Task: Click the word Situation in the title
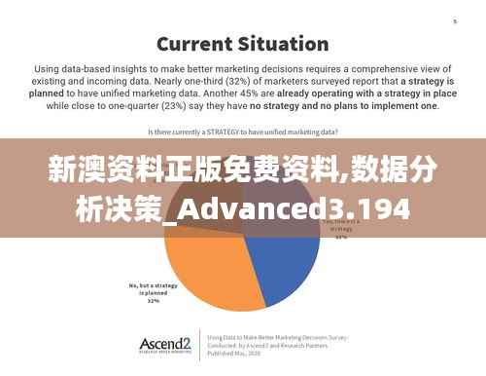click(281, 43)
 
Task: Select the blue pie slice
click(287, 273)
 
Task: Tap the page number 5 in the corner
click(454, 21)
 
